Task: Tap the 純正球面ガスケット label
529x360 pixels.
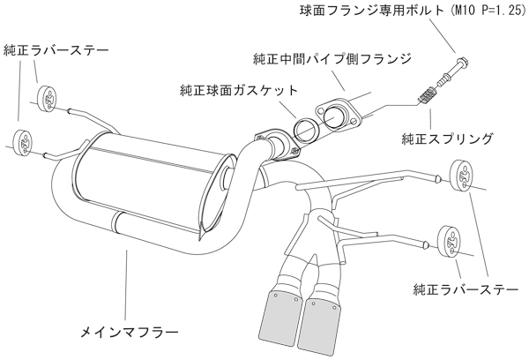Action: click(237, 90)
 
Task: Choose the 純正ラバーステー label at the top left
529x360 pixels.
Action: click(57, 50)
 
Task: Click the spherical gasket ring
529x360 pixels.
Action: click(305, 129)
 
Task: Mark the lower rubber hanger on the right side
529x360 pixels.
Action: click(449, 240)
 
